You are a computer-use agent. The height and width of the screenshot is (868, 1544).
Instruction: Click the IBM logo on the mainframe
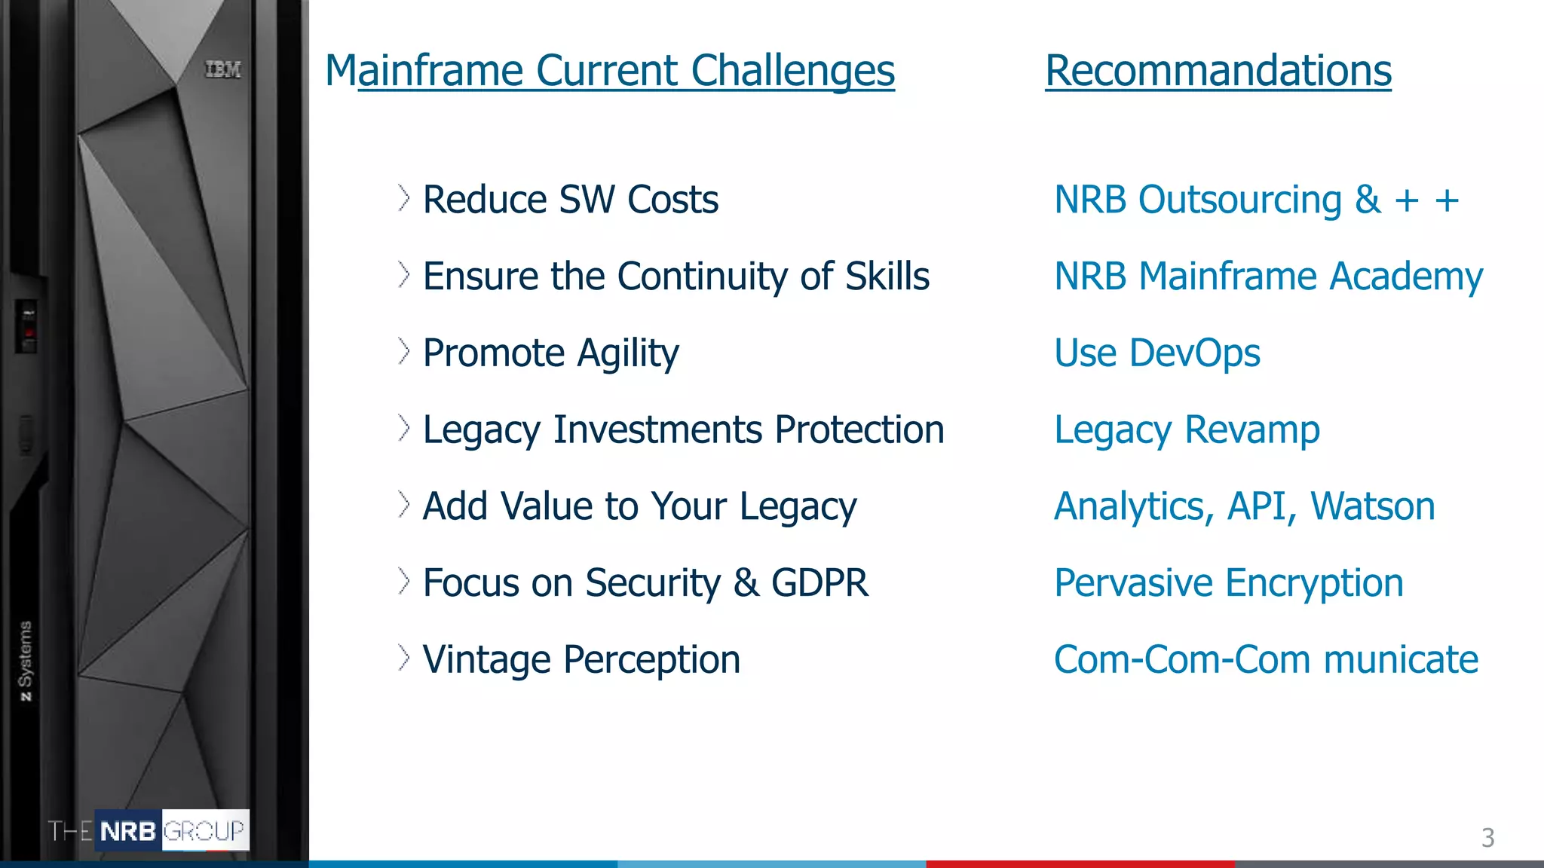(x=223, y=69)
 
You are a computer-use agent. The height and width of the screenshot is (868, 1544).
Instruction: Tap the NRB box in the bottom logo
(x=128, y=831)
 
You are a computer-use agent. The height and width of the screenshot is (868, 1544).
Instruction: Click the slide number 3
(x=1487, y=838)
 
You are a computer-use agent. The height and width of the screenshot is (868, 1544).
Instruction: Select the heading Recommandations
(x=1218, y=71)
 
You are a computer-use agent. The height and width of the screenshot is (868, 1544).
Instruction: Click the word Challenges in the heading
(x=792, y=71)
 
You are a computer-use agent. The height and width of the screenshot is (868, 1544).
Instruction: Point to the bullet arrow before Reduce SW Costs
(x=404, y=199)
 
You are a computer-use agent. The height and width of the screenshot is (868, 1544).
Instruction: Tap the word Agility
(x=627, y=353)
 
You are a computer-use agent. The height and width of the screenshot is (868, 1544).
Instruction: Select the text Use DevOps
(x=1156, y=353)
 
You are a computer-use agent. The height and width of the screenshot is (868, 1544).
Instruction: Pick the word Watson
(x=1372, y=506)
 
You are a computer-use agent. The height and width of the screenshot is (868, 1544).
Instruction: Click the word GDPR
(x=819, y=583)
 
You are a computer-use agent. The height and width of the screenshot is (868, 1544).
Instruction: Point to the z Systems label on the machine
(x=26, y=661)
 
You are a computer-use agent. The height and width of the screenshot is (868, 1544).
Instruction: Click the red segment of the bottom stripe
(x=1080, y=863)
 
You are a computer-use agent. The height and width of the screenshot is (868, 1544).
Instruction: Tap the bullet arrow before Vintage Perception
(x=404, y=658)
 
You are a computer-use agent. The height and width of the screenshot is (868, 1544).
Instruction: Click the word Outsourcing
(x=1239, y=200)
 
